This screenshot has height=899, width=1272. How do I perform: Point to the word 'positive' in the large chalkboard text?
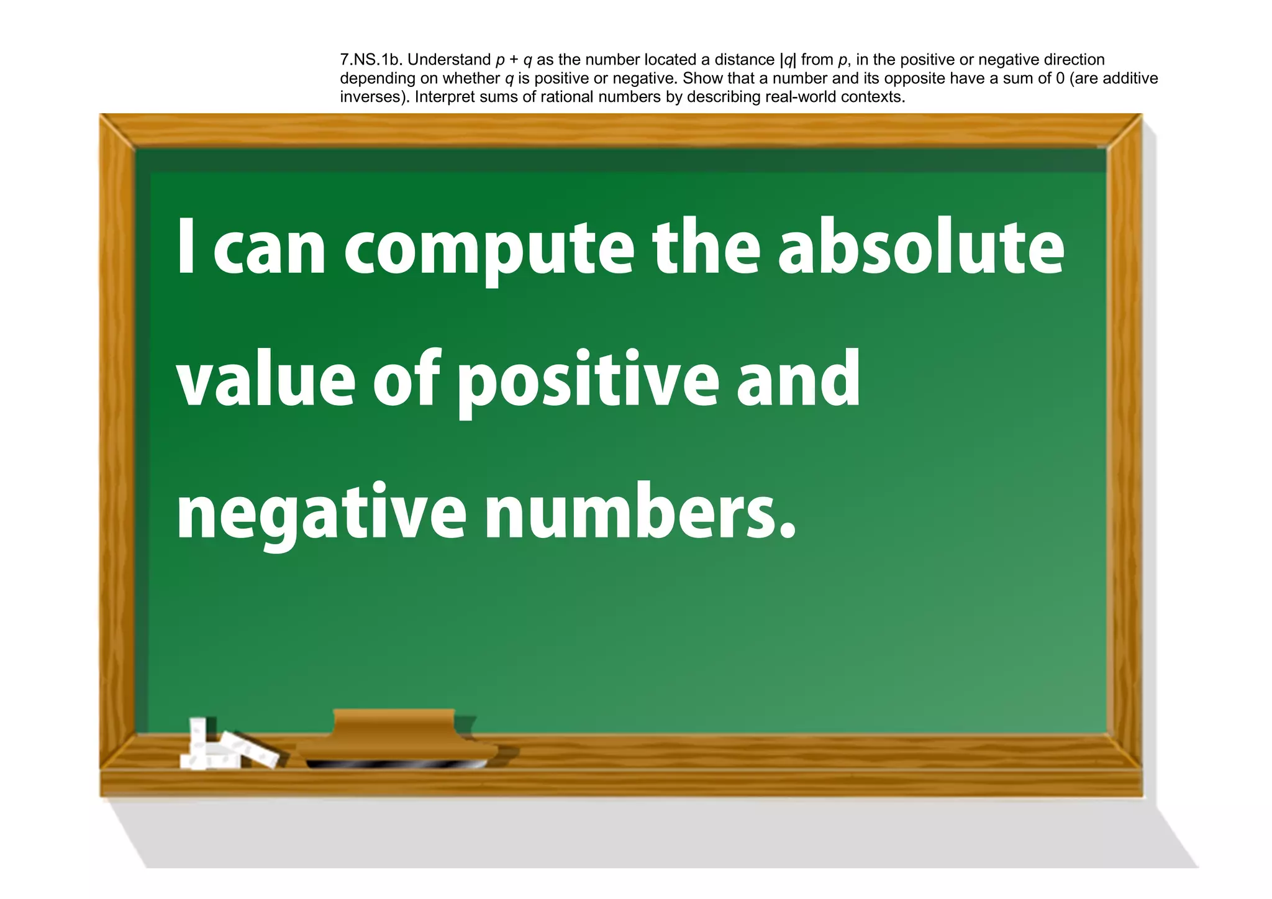(587, 382)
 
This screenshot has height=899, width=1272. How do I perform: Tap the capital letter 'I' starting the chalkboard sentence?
(186, 247)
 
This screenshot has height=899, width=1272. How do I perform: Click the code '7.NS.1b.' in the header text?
(371, 60)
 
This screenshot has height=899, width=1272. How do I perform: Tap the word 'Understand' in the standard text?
(449, 60)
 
